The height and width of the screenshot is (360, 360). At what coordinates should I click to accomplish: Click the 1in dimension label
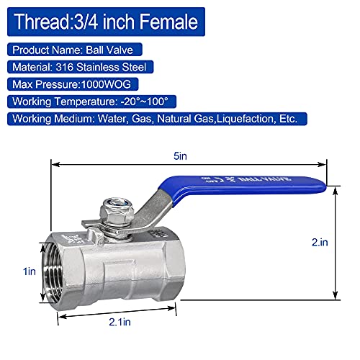[28, 271]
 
